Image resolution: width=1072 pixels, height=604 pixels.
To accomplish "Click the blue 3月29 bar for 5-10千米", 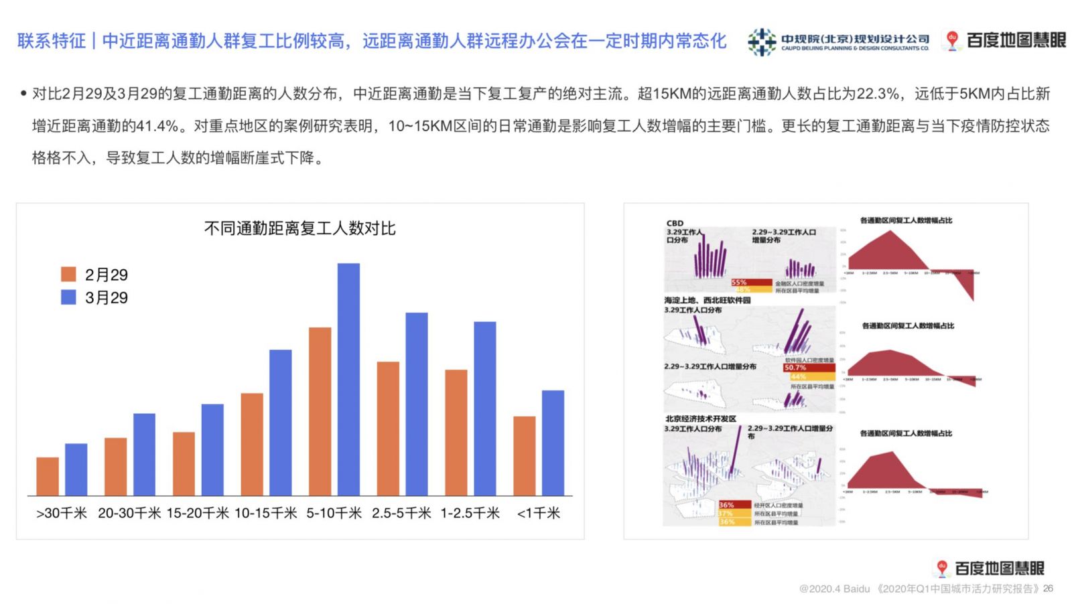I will tap(348, 379).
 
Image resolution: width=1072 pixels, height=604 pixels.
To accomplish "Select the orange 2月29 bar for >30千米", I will tap(48, 476).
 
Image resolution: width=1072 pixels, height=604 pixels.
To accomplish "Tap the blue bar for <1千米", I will tap(553, 443).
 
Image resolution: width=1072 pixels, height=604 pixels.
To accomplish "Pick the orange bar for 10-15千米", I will tap(252, 444).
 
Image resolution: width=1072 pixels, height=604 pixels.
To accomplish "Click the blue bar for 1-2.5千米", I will tap(484, 408).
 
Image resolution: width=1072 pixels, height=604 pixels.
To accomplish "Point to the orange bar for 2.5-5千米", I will tap(388, 429).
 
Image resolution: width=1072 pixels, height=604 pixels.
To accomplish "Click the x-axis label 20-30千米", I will tap(129, 513).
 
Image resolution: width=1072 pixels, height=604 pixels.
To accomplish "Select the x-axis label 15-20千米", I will tap(198, 513).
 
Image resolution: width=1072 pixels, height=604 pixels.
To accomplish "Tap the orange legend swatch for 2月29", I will tap(68, 274).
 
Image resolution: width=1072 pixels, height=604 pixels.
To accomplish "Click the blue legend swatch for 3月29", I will tap(68, 297).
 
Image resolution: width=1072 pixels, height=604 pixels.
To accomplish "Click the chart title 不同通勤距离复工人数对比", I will tap(299, 228).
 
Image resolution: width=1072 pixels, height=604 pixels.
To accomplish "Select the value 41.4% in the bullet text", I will tap(157, 126).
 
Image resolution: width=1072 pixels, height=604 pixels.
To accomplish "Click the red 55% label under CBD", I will tap(739, 283).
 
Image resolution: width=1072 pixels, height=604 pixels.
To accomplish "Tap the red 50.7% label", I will tap(795, 368).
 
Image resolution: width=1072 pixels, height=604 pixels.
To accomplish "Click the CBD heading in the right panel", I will tap(675, 224).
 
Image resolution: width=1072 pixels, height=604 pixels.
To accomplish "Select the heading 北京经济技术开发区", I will tap(700, 419).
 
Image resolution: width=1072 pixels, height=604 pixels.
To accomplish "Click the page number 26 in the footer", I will tap(1048, 589).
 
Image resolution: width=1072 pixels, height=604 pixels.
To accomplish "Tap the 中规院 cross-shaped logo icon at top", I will tap(762, 42).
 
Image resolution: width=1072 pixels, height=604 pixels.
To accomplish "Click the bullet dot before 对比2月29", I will tap(23, 94).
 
